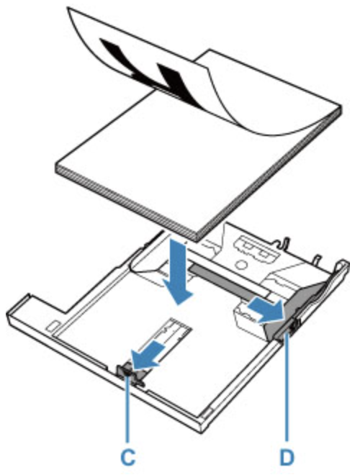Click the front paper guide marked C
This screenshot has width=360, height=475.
(x=129, y=374)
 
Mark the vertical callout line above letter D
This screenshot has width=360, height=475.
(x=286, y=389)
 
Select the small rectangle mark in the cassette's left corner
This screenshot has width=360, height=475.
(x=51, y=326)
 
